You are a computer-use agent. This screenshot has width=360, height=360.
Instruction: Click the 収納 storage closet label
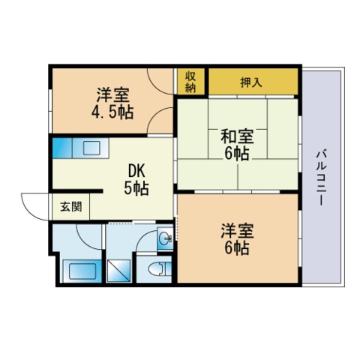pyautogui.click(x=190, y=82)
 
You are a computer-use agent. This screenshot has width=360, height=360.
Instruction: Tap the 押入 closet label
pyautogui.click(x=251, y=82)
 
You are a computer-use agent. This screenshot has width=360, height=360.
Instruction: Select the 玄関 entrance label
pyautogui.click(x=71, y=207)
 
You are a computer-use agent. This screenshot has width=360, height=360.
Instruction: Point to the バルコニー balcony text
pyautogui.click(x=320, y=178)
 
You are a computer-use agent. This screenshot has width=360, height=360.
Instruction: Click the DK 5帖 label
pyautogui.click(x=136, y=179)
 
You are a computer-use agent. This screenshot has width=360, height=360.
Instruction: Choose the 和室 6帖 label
pyautogui.click(x=237, y=144)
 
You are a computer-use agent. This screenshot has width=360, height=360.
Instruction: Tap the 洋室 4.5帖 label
pyautogui.click(x=112, y=103)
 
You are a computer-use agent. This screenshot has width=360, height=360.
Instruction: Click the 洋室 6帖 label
pyautogui.click(x=237, y=238)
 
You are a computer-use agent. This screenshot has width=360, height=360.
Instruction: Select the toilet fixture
pyautogui.click(x=160, y=269)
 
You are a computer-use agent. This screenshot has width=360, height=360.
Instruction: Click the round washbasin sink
pyautogui.click(x=166, y=238)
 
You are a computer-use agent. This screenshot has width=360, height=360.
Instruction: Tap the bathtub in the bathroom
pyautogui.click(x=82, y=271)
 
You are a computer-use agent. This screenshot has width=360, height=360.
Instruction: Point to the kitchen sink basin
pyautogui.click(x=91, y=148)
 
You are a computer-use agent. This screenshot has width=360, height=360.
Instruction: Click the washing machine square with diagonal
pyautogui.click(x=118, y=271)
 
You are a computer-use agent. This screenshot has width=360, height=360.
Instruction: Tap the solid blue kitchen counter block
pyautogui.click(x=62, y=148)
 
